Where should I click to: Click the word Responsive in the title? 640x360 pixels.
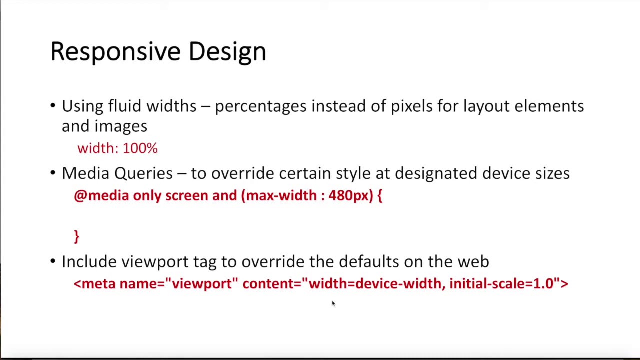tap(116, 52)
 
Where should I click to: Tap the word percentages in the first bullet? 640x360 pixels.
tap(260, 106)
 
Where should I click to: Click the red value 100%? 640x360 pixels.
tap(140, 148)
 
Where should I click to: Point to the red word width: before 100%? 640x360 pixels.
tap(98, 148)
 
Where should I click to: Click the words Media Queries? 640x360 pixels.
tap(117, 174)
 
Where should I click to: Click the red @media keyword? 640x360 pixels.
tap(101, 196)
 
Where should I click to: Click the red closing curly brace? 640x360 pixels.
tap(76, 236)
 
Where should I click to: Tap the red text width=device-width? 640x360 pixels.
tap(375, 284)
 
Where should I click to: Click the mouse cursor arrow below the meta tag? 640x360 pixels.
tap(333, 303)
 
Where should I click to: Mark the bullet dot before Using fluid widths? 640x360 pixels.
tap(53, 106)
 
